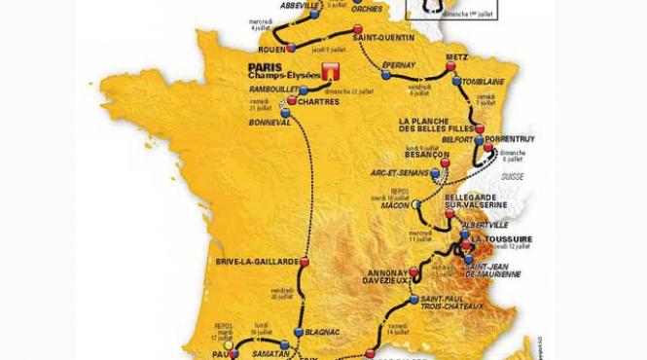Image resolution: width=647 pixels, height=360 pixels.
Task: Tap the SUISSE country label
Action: point(512,176)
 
